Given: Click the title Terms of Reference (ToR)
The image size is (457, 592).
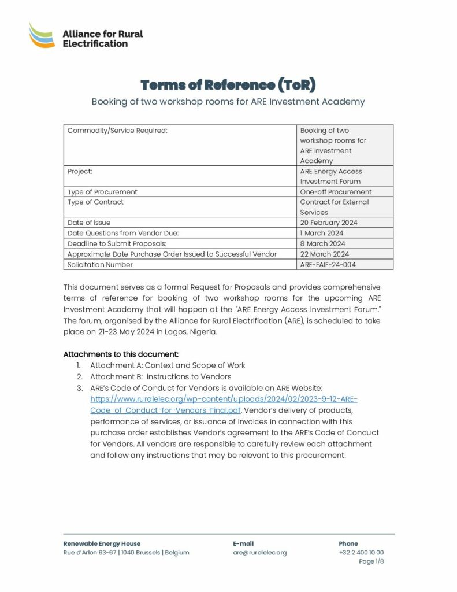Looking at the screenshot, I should (228, 85).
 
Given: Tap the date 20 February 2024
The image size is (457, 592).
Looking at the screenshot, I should (329, 223).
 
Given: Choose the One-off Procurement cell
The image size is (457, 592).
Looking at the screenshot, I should (336, 191).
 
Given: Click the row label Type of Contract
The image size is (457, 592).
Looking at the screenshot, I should (95, 202).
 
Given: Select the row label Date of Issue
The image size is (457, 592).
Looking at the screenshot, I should (89, 223).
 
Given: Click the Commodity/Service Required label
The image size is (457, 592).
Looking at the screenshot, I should (117, 131).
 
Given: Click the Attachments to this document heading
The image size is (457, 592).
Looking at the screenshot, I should (121, 354).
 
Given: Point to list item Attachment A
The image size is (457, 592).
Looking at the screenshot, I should (168, 365).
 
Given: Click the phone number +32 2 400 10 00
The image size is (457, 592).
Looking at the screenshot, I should (361, 553).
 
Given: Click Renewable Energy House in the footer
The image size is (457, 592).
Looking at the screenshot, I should (102, 543).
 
